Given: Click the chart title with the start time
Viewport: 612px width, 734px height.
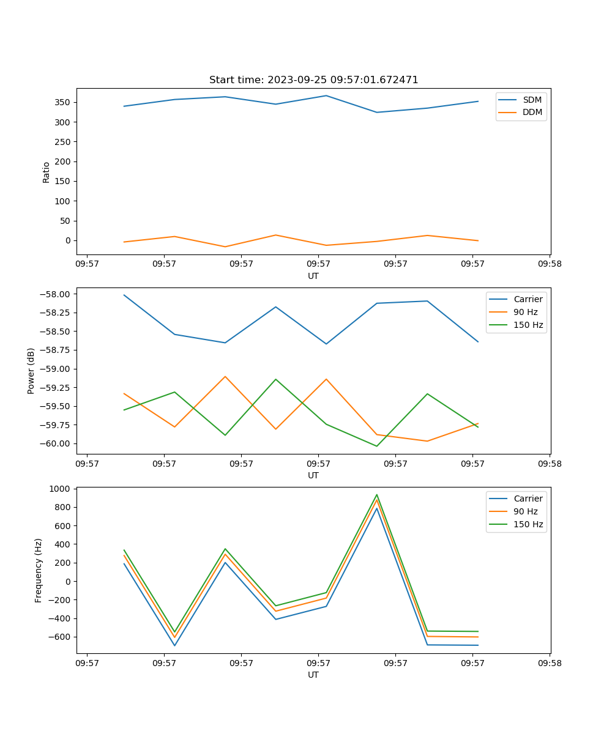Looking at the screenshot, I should point(313,80).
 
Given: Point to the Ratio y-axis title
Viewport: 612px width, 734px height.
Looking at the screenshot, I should point(47,172).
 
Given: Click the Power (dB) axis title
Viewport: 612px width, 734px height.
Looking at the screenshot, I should point(31,371).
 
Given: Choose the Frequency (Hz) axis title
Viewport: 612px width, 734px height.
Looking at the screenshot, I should point(39,570).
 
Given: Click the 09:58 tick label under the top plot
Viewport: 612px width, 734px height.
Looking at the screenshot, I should point(550,264).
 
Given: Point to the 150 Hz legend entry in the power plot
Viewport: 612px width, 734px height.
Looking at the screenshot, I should point(528,325).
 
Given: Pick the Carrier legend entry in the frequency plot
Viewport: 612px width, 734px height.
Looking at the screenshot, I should point(528,499).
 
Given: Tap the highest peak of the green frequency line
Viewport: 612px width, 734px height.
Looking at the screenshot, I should point(376,495).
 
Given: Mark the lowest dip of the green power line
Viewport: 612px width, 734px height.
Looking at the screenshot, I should point(376,446).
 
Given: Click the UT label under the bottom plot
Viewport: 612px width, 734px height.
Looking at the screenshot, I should point(313,675).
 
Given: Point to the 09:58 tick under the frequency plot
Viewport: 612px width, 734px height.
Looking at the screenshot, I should point(550,663).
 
